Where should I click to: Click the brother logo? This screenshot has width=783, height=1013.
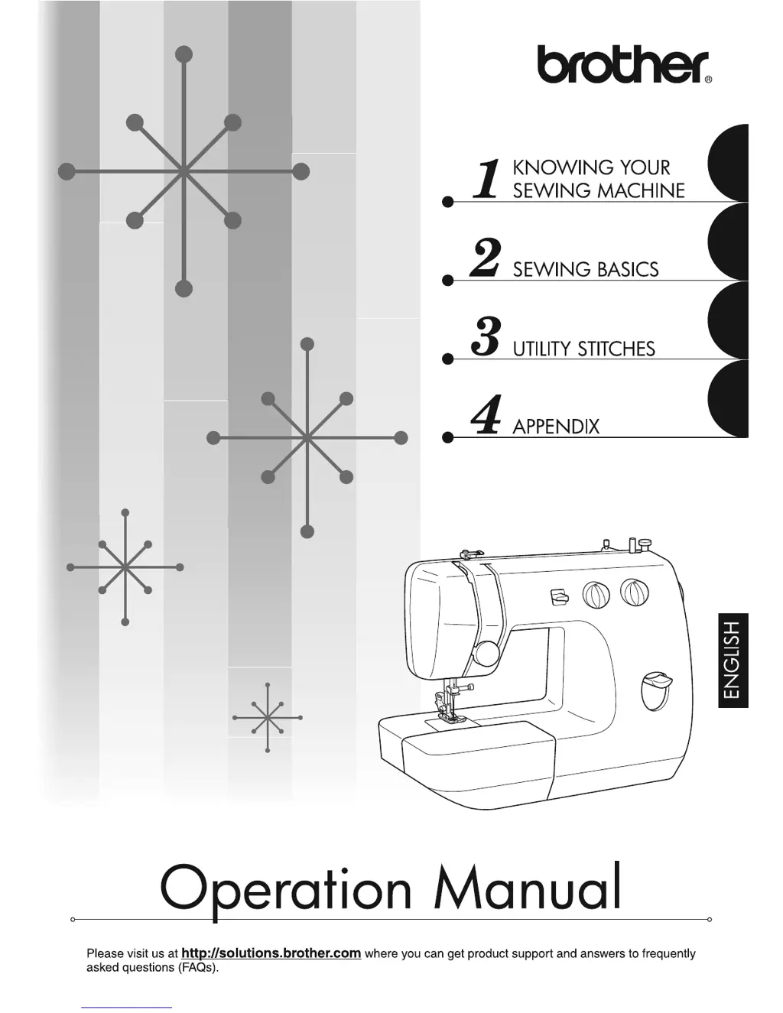[623, 64]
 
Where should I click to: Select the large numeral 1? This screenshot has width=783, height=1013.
[486, 180]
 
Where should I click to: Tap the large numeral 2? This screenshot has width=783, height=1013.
[486, 258]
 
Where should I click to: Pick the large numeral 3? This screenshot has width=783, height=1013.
[486, 337]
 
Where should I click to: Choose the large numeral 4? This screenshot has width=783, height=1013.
[486, 415]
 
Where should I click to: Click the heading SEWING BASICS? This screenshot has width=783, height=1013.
[585, 269]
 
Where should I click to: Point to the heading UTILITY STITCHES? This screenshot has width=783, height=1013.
[583, 349]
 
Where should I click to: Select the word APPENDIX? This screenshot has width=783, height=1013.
[556, 427]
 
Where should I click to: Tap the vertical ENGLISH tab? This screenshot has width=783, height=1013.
[733, 660]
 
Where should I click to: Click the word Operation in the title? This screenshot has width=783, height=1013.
[286, 890]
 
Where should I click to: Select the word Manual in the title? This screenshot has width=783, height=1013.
[528, 888]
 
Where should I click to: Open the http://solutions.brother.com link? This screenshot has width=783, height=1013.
[271, 953]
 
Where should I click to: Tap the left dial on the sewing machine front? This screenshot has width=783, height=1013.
[596, 594]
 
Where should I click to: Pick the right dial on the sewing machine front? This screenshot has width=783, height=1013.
[634, 592]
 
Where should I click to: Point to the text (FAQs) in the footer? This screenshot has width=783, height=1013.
[198, 967]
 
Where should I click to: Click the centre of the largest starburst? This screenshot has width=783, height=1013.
[184, 171]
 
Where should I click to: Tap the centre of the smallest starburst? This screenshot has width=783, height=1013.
[268, 717]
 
